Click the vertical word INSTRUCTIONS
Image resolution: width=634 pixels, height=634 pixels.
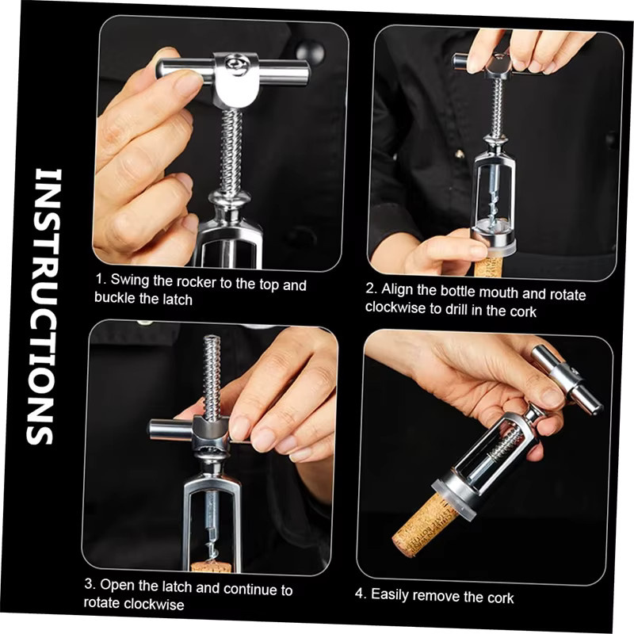pos(44,307)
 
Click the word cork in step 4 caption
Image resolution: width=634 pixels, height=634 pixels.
pos(501,598)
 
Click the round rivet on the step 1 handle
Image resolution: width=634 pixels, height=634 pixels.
pos(235,65)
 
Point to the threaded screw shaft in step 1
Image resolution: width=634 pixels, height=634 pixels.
pos(231,153)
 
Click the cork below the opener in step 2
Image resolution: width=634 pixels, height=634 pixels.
pos(488,266)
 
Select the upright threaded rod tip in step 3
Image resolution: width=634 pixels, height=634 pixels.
pos(212,339)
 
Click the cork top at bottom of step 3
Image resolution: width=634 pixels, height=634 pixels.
pos(211,566)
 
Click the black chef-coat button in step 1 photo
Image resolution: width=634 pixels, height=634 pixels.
pos(310,53)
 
